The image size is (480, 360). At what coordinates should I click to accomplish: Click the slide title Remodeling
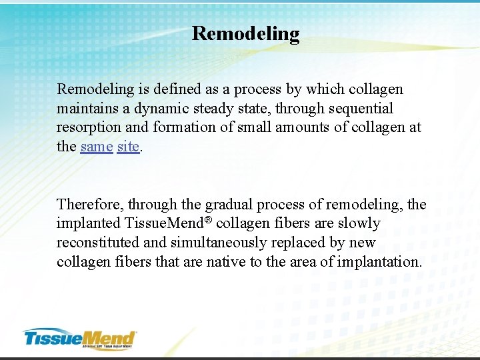[245, 33]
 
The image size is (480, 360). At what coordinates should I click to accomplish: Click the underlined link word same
[96, 147]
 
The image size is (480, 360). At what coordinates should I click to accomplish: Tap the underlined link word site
[128, 147]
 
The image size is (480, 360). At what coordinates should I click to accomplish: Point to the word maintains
[87, 108]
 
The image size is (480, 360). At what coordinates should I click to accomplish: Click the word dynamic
[163, 108]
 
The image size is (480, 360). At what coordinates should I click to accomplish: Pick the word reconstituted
[98, 243]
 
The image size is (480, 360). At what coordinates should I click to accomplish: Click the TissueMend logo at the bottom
[80, 338]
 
